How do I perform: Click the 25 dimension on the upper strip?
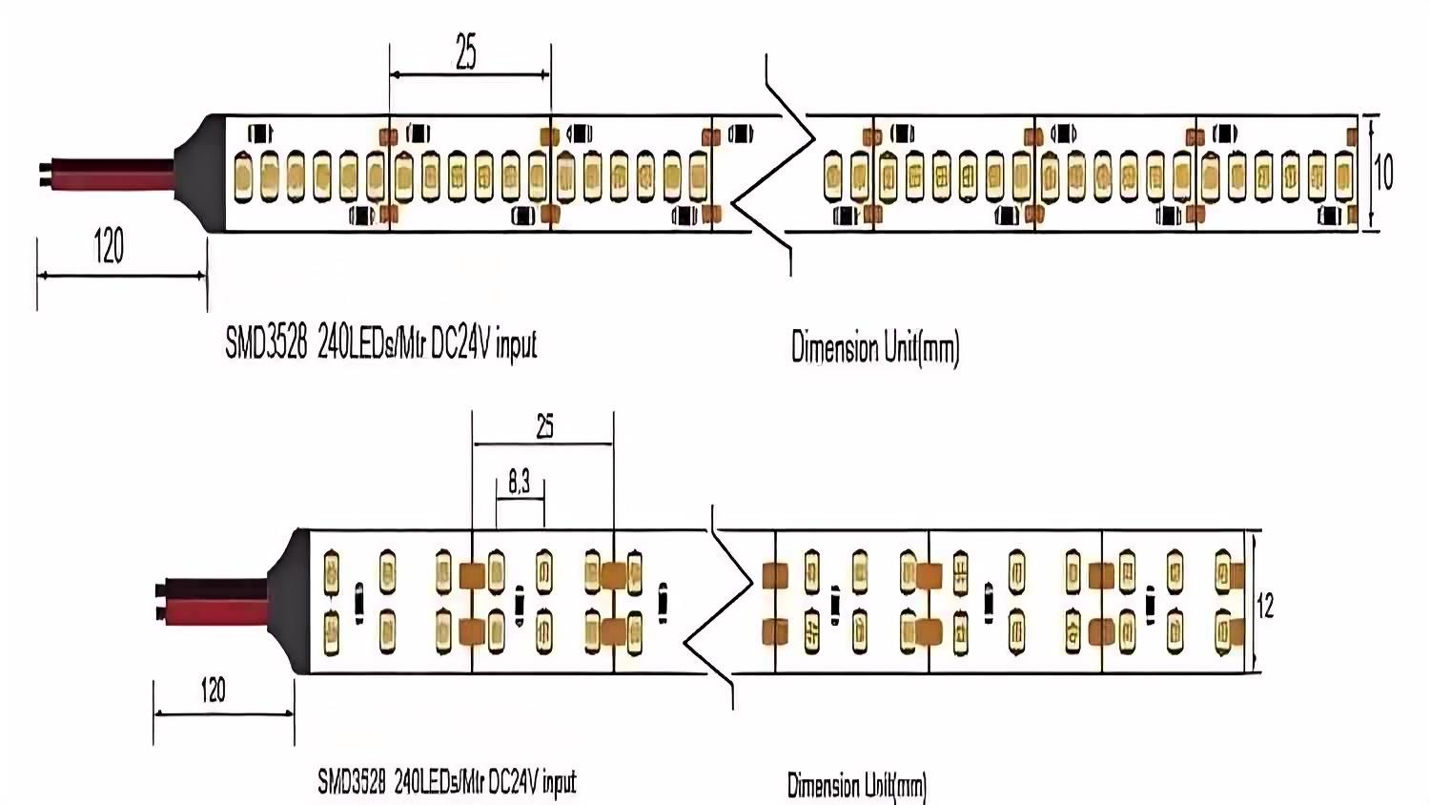pyautogui.click(x=466, y=52)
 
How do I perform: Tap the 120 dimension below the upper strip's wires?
pyautogui.click(x=109, y=246)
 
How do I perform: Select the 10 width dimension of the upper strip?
pyautogui.click(x=1383, y=173)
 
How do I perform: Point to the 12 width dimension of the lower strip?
pyautogui.click(x=1265, y=606)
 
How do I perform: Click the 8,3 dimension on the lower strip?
pyautogui.click(x=519, y=483)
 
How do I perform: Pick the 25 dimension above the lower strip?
pyautogui.click(x=544, y=426)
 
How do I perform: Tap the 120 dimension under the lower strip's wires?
pyautogui.click(x=213, y=690)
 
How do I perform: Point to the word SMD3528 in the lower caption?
pyautogui.click(x=352, y=782)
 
